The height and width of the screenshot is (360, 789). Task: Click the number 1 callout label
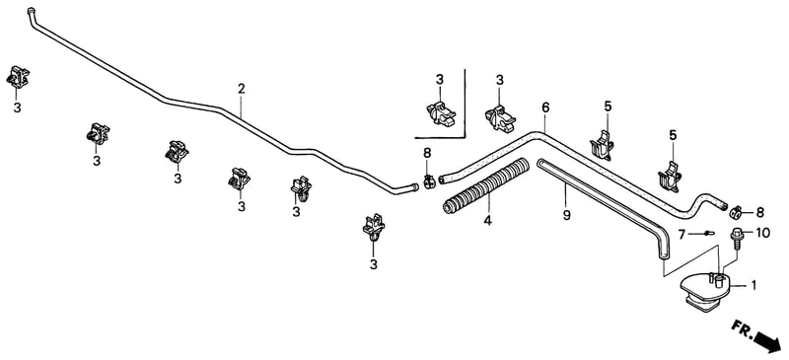pyautogui.click(x=753, y=285)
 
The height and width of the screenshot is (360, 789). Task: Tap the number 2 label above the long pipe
pyautogui.click(x=242, y=89)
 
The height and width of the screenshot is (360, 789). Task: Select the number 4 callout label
pyautogui.click(x=487, y=221)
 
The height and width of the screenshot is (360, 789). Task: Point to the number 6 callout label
pyautogui.click(x=546, y=108)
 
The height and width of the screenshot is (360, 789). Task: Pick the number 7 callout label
pyautogui.click(x=681, y=234)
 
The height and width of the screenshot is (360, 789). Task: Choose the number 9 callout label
pyautogui.click(x=566, y=215)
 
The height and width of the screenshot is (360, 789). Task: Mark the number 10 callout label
pyautogui.click(x=762, y=233)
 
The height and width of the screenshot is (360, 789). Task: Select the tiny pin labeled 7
pyautogui.click(x=707, y=233)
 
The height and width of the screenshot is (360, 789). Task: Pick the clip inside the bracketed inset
pyautogui.click(x=441, y=113)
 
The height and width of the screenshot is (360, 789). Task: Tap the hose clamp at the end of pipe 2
pyautogui.click(x=428, y=181)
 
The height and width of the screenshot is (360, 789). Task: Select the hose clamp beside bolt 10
pyautogui.click(x=736, y=212)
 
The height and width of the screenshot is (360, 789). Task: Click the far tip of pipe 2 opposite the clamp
pyautogui.click(x=31, y=10)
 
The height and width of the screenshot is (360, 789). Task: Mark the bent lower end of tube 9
pyautogui.click(x=663, y=254)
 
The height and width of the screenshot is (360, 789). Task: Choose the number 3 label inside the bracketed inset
pyautogui.click(x=440, y=80)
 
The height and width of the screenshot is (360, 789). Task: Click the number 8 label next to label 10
pyautogui.click(x=760, y=212)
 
